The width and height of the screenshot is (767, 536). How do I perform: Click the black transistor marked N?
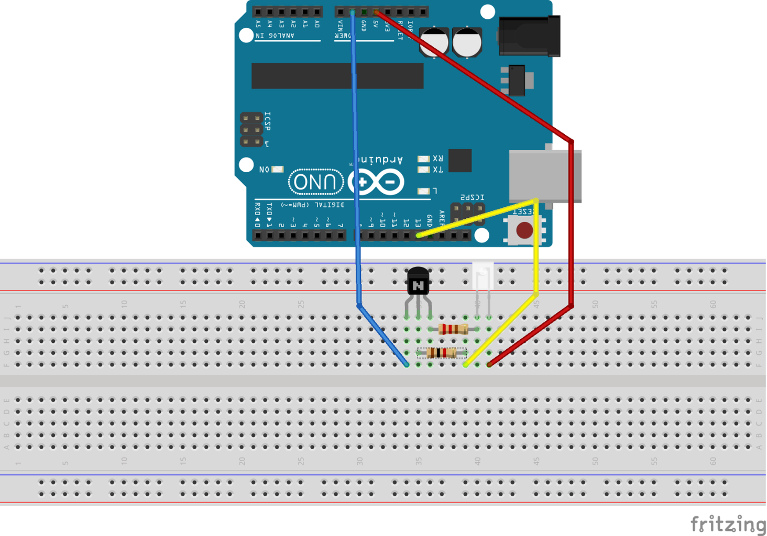click(x=418, y=283)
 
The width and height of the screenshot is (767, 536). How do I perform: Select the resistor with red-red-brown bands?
click(x=453, y=329)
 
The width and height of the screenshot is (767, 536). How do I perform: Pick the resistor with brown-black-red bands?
click(x=441, y=353)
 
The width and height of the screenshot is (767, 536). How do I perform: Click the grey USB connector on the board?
click(x=545, y=176)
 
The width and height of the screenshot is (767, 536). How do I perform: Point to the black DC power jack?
click(x=529, y=36)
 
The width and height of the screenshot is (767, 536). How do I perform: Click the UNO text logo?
click(x=315, y=182)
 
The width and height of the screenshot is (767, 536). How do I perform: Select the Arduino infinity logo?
click(x=376, y=182)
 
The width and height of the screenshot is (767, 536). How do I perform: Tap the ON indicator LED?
click(x=278, y=169)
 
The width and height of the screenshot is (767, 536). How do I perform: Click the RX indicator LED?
click(x=423, y=159)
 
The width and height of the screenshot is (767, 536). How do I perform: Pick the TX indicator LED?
click(x=423, y=170)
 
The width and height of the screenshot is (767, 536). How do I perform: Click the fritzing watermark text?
click(x=728, y=523)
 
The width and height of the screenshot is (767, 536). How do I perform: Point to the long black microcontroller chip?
click(x=337, y=76)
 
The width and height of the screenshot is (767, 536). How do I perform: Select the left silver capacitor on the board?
click(x=434, y=42)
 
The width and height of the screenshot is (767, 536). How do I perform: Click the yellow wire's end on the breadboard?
click(x=466, y=364)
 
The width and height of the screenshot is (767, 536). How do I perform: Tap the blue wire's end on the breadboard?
click(x=407, y=364)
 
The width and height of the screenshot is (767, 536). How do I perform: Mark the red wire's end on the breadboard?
click(x=489, y=364)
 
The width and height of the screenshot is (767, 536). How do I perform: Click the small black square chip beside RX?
click(x=460, y=161)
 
